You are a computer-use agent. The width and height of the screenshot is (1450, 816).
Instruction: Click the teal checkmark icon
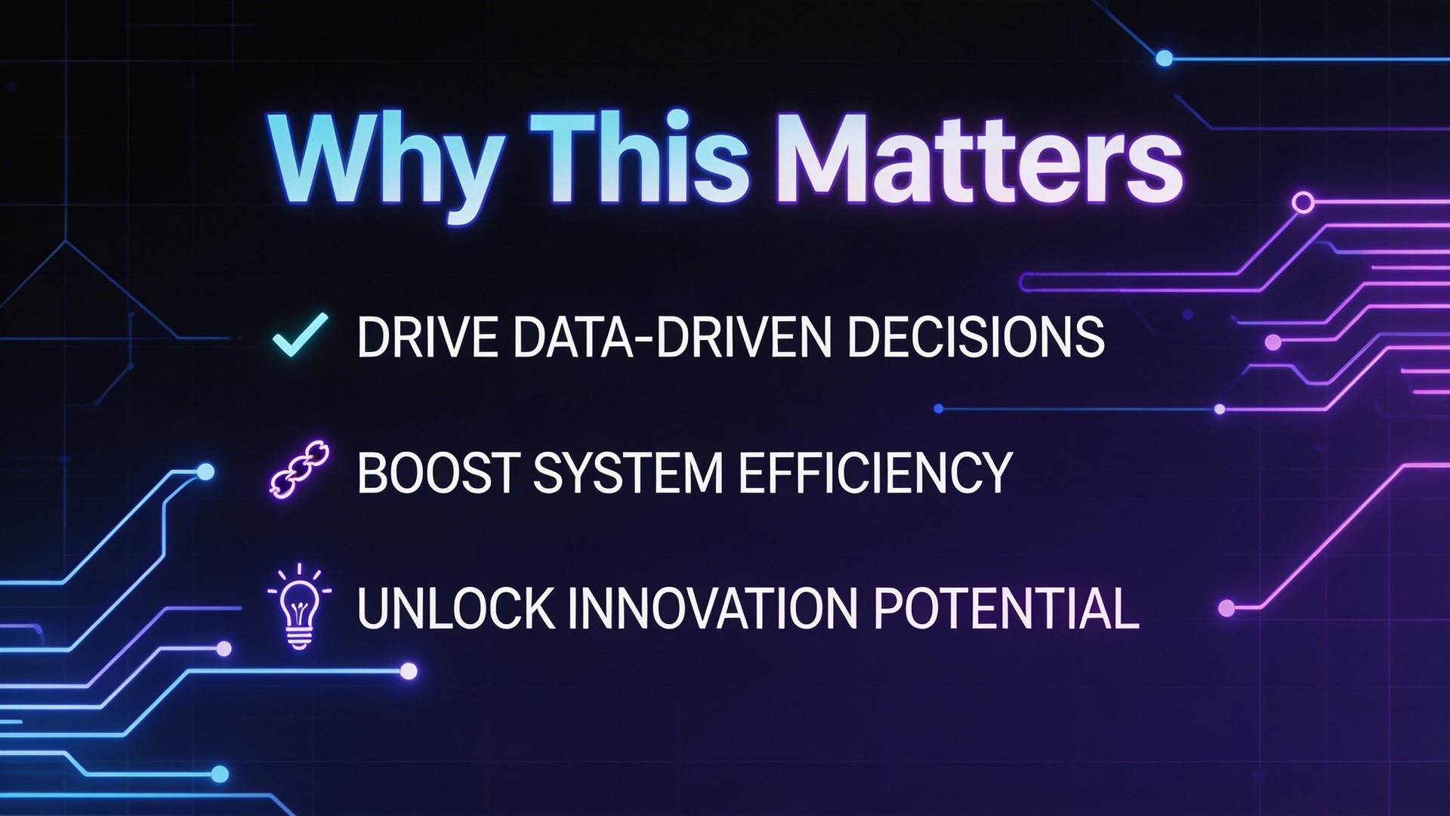[300, 334]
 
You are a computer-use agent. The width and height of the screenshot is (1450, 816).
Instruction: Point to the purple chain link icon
[299, 469]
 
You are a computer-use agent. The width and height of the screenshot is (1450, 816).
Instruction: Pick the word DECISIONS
[976, 336]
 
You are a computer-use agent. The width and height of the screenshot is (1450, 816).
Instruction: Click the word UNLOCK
[455, 608]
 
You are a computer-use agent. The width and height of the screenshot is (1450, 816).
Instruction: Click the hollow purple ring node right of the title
[1303, 202]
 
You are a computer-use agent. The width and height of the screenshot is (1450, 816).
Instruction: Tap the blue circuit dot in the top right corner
[1165, 58]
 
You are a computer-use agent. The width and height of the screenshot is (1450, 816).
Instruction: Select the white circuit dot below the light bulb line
[409, 671]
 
